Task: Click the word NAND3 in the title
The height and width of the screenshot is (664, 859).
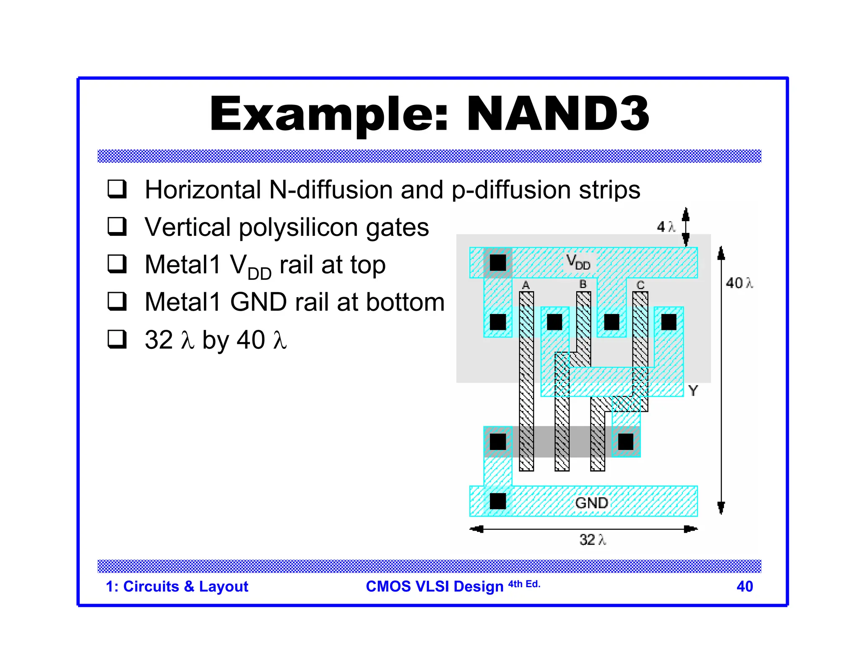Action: click(557, 114)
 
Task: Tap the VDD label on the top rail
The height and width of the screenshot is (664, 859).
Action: click(578, 262)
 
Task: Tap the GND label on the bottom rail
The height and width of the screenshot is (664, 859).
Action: click(591, 502)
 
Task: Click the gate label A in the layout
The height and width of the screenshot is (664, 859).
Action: click(526, 285)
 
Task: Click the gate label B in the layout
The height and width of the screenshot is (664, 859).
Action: click(583, 284)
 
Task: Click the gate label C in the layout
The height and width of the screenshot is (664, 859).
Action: click(640, 285)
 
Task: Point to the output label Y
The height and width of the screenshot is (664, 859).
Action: click(693, 391)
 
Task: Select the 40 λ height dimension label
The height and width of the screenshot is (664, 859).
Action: click(739, 283)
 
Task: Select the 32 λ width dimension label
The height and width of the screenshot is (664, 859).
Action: click(592, 540)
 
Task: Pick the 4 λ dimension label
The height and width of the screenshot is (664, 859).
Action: click(666, 227)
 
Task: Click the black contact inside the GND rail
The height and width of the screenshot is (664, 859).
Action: click(498, 501)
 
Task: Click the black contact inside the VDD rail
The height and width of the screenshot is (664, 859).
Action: click(498, 263)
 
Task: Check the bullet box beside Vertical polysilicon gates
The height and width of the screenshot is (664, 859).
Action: click(117, 227)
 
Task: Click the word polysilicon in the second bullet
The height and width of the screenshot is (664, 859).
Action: click(299, 227)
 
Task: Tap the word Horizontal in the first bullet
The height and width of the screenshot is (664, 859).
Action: click(203, 190)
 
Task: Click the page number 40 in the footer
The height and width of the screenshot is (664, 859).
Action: click(744, 586)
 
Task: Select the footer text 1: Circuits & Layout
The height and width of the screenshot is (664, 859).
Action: click(177, 586)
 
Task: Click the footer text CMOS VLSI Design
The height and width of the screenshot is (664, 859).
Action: click(434, 586)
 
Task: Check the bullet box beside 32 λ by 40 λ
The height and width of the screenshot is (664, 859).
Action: click(117, 339)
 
